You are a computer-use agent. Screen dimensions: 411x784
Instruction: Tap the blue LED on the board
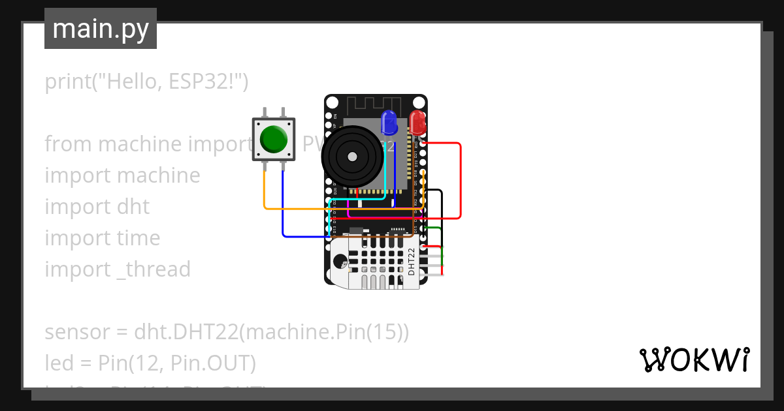coord(389,121)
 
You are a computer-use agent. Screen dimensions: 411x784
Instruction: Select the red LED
coord(417,121)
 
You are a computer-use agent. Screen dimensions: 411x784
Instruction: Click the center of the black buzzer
coord(352,157)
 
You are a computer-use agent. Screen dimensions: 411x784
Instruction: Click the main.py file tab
coord(101,29)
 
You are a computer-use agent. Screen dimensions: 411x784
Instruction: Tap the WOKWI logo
coord(694,359)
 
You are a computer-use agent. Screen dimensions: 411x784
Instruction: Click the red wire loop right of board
coord(461,183)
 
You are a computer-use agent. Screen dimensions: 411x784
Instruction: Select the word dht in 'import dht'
coord(135,207)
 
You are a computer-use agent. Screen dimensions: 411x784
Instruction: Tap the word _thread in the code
coord(154,269)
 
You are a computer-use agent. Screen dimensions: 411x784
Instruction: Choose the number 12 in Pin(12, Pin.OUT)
coord(142,363)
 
